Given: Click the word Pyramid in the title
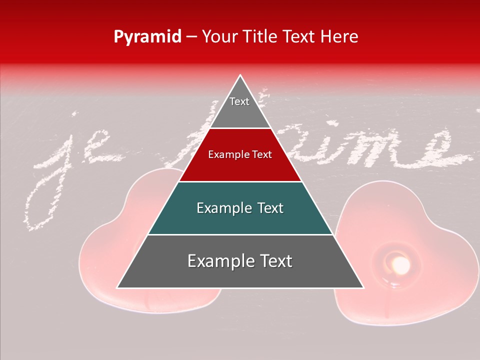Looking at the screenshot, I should coord(147,37).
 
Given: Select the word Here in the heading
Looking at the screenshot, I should coord(339,36).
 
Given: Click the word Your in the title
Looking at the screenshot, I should coord(218,36).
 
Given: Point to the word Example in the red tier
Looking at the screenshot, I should coord(225,154).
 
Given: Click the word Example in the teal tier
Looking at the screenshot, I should coord(220,208).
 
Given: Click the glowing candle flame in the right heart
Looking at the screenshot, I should coord(400,264).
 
